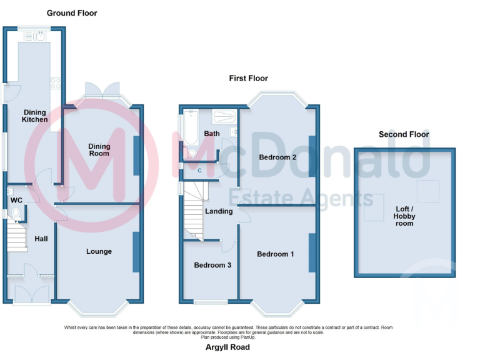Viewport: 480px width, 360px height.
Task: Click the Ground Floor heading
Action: click(72, 13)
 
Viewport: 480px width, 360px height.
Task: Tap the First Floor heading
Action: click(248, 79)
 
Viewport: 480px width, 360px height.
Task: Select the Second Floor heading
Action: click(404, 134)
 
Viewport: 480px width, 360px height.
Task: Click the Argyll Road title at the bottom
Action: click(227, 347)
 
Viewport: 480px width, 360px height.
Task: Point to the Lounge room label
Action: click(99, 252)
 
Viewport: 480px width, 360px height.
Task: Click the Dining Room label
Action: click(99, 150)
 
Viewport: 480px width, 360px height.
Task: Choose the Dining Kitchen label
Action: click(34, 116)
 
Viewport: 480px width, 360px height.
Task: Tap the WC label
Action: click(16, 200)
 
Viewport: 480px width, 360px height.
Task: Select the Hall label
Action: click(41, 239)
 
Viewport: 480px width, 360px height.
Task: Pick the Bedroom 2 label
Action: click(277, 157)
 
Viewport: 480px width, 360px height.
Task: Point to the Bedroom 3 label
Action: click(212, 265)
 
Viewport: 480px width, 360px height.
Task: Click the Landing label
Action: click(219, 211)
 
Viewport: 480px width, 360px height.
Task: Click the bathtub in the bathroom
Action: click(189, 127)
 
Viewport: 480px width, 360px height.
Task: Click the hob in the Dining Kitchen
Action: click(54, 82)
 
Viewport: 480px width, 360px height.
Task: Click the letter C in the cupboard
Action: click(199, 169)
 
